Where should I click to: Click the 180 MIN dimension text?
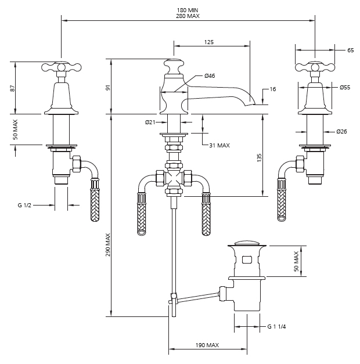[188, 10]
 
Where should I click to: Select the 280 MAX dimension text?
[188, 16]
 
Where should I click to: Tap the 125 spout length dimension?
[209, 42]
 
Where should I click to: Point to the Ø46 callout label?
[210, 75]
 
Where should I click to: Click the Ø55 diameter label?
[345, 88]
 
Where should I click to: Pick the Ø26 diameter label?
[341, 132]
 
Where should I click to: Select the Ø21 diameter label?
[150, 122]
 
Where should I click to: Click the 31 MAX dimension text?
[219, 146]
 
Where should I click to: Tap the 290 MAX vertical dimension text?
[108, 244]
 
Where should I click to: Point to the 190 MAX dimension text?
[207, 345]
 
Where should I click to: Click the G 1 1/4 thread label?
[276, 327]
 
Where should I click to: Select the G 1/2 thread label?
[24, 205]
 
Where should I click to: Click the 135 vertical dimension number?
[260, 158]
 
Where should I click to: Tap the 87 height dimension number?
[13, 88]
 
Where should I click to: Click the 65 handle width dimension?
[351, 50]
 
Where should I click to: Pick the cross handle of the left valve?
[62, 67]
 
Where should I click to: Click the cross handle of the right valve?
[315, 67]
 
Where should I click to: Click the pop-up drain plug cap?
[247, 243]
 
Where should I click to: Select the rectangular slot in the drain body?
[247, 260]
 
